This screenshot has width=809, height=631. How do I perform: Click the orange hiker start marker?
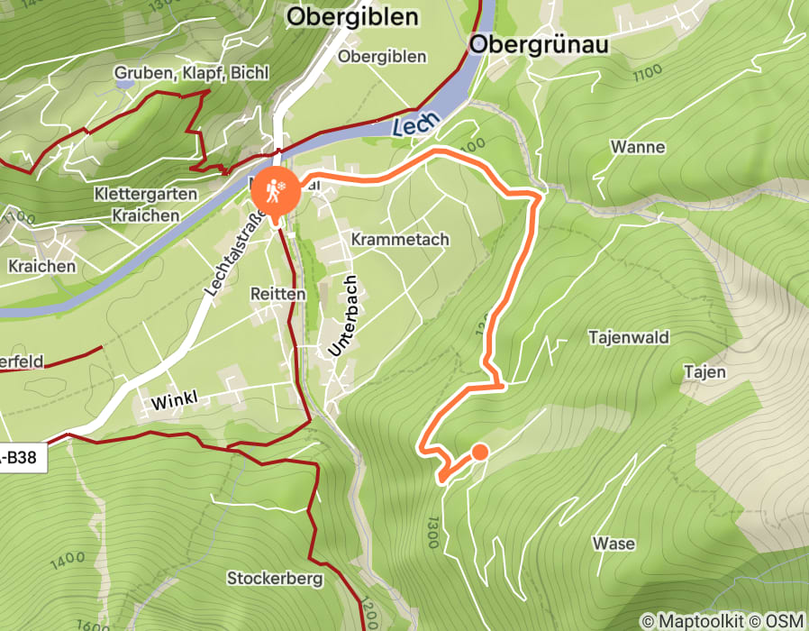(271, 190)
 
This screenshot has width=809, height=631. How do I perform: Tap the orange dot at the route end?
(480, 452)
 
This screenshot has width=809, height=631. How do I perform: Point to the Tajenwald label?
(629, 338)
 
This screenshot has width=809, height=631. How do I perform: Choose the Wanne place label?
(638, 147)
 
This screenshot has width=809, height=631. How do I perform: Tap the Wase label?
(614, 544)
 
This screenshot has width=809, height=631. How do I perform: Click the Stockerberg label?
(275, 579)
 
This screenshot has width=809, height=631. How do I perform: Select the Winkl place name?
(174, 400)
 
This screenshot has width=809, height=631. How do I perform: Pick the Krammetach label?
(400, 240)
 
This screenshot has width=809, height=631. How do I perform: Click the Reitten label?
(279, 294)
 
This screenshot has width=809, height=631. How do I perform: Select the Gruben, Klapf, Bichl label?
(191, 73)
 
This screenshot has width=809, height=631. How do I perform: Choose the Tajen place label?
(704, 371)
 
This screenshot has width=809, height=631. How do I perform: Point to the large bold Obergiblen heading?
(352, 17)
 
